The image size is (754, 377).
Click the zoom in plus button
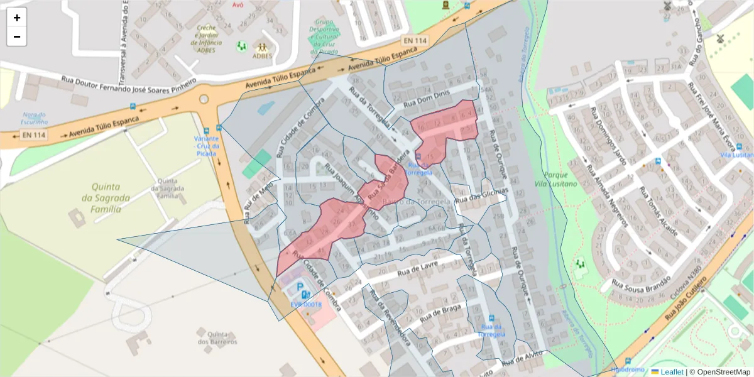(16, 18)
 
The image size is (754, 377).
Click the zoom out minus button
(16, 36)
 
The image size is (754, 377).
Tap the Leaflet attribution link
(672, 372)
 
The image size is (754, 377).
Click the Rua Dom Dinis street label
(428, 102)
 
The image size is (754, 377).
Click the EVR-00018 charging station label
(306, 305)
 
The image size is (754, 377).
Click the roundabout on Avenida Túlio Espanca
(203, 99)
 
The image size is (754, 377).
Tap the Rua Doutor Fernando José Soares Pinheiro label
(129, 81)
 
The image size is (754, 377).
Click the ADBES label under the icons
(261, 55)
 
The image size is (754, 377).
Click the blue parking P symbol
(300, 287)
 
